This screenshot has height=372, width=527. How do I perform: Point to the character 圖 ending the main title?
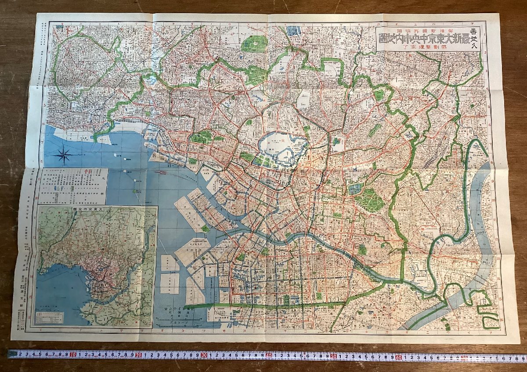click(383, 42)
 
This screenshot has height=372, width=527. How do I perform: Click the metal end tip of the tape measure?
click(10, 354)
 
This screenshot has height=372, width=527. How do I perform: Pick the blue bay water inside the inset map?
click(61, 285)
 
